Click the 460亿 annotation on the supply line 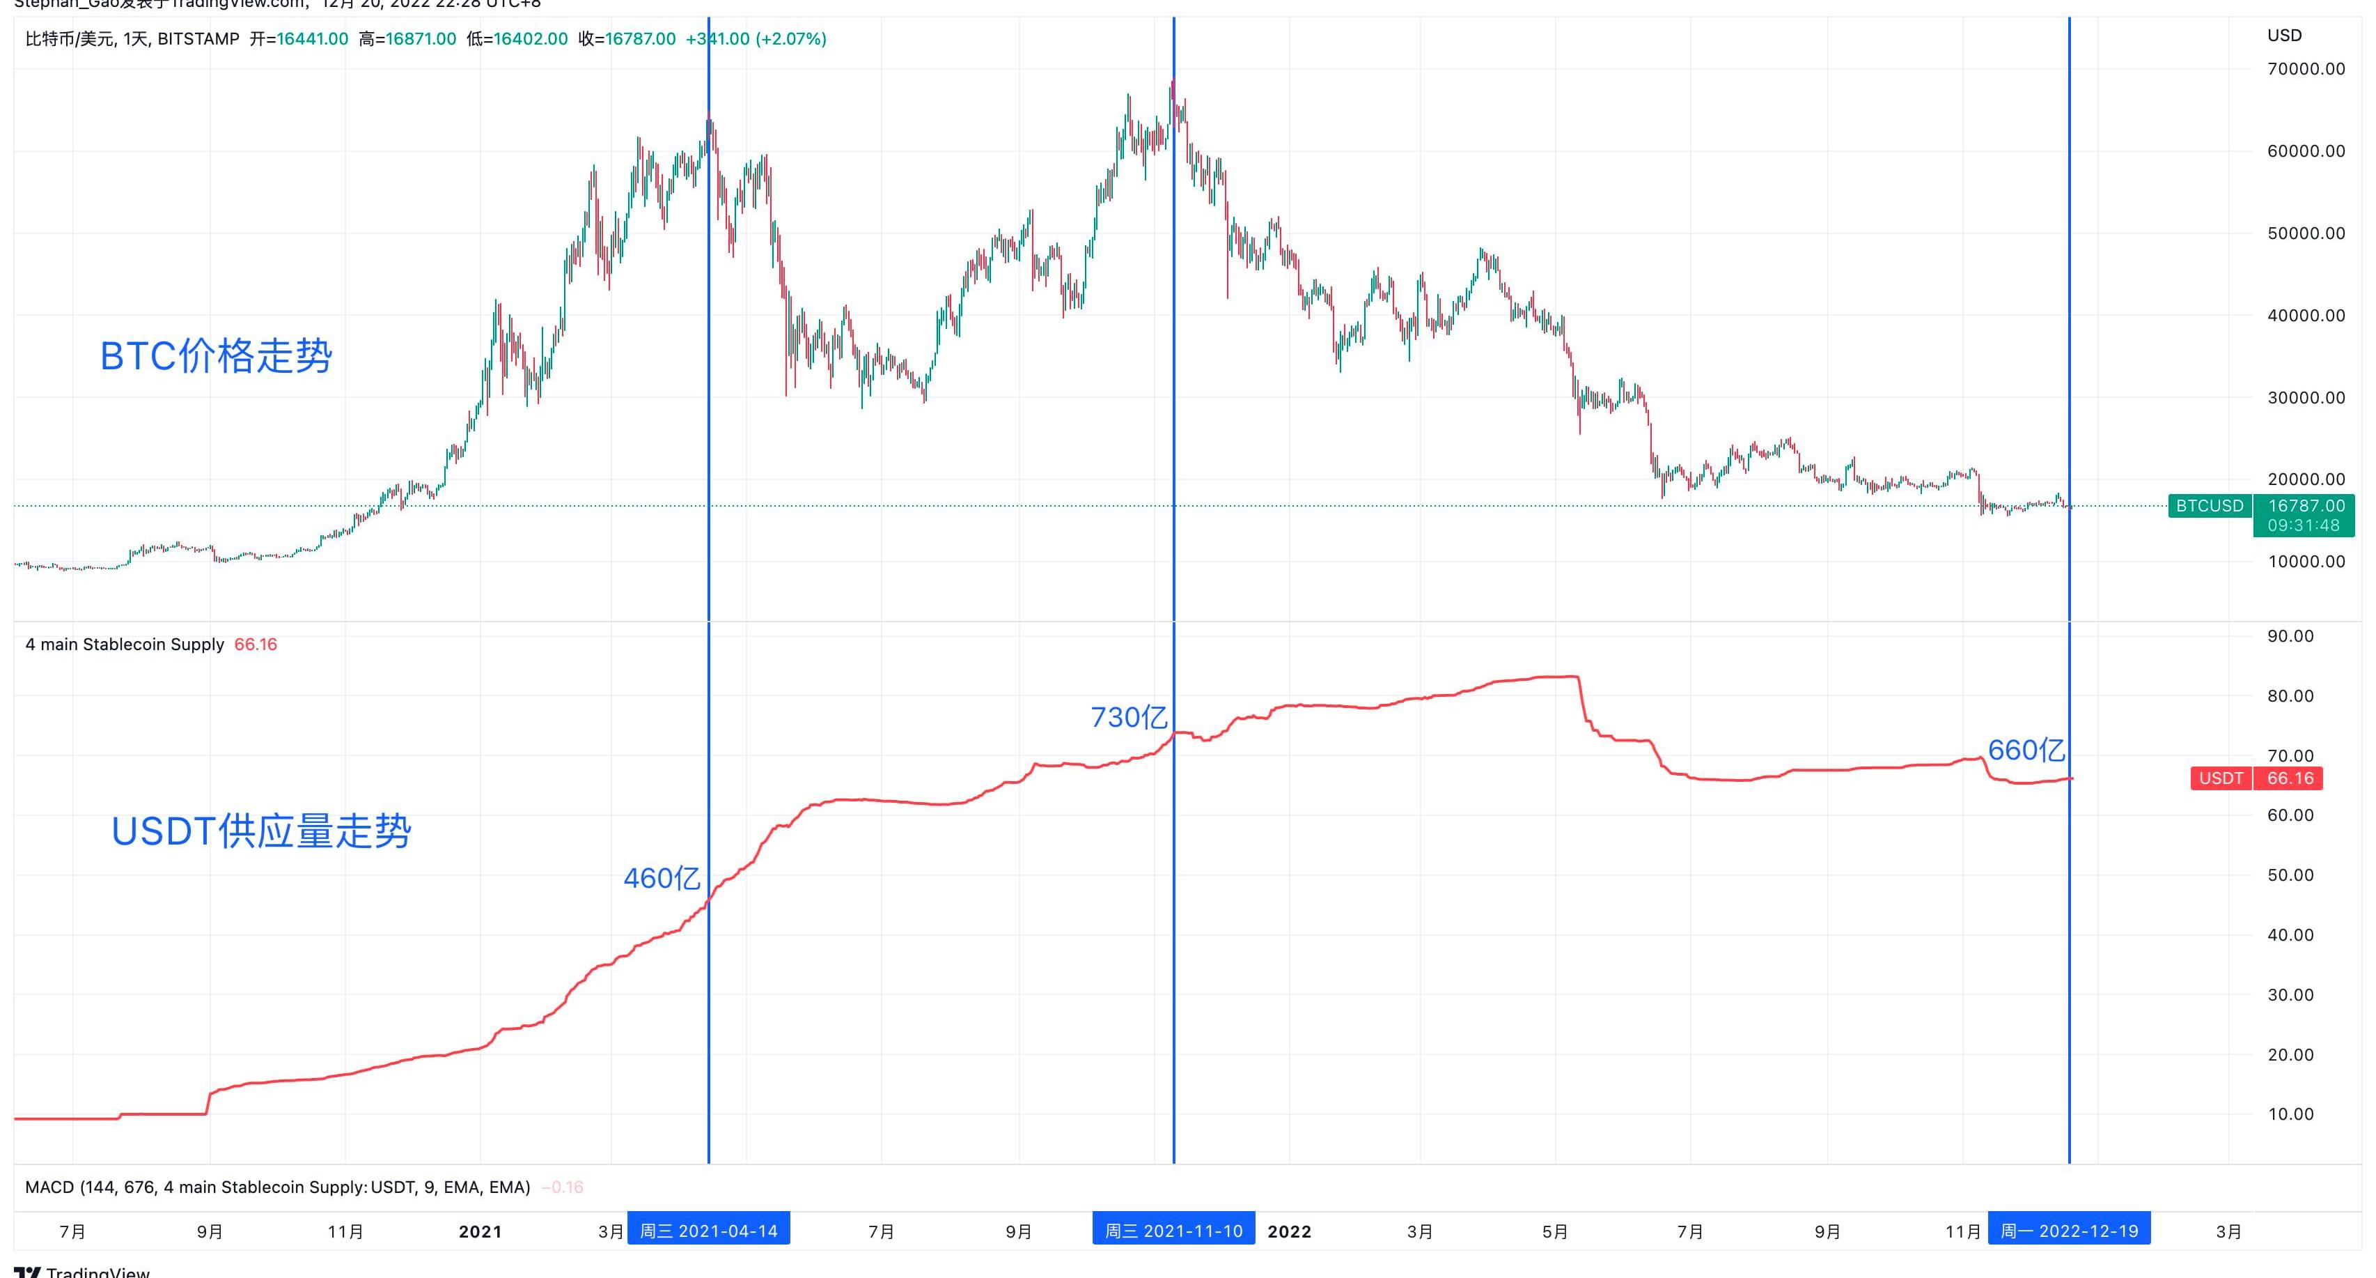coord(662,877)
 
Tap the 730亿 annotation coord(1128,717)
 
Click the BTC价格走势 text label coord(216,356)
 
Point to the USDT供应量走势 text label coord(261,831)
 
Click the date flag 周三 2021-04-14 coord(708,1231)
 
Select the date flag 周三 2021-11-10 coord(1173,1231)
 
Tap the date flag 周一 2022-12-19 coord(2069,1231)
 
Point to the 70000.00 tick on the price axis coord(2305,69)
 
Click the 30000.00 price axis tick coord(2305,398)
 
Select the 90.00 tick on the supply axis coord(2290,636)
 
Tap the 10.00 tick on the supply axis coord(2290,1114)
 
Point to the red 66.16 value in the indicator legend coord(256,644)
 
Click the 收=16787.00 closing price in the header coord(627,39)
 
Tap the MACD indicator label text coord(276,1187)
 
